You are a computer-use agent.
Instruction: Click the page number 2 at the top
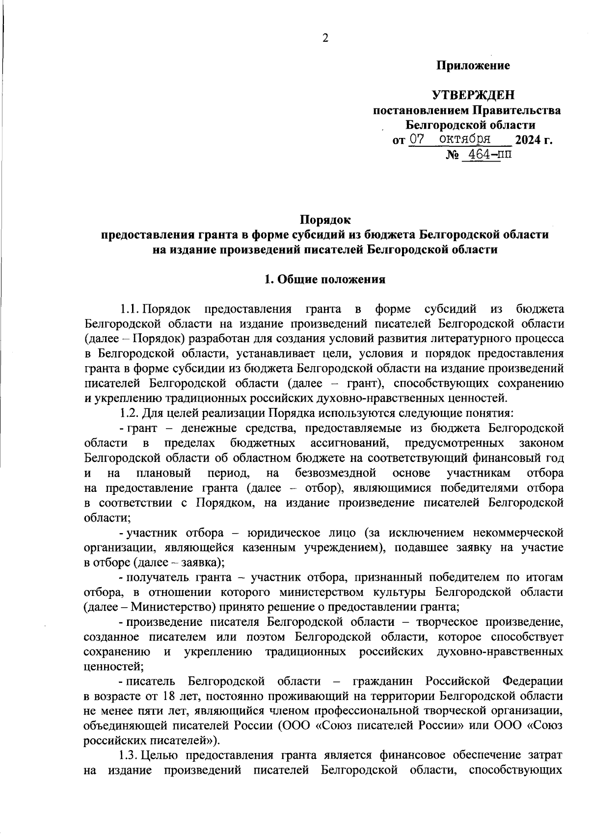(324, 38)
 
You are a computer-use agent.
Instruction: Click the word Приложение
(474, 65)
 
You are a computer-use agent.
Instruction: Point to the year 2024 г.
(534, 140)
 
